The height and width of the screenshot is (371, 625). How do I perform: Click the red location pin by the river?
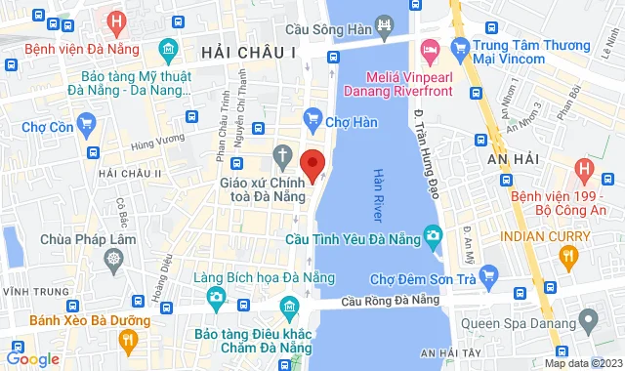(312, 164)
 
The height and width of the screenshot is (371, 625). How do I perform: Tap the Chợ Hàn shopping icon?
(312, 120)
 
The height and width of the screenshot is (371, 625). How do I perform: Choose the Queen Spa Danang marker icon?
(588, 319)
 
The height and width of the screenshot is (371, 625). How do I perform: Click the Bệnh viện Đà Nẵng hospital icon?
(117, 21)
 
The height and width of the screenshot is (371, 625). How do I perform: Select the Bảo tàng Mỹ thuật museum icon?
(170, 48)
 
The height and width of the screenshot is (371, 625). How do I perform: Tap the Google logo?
(32, 358)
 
